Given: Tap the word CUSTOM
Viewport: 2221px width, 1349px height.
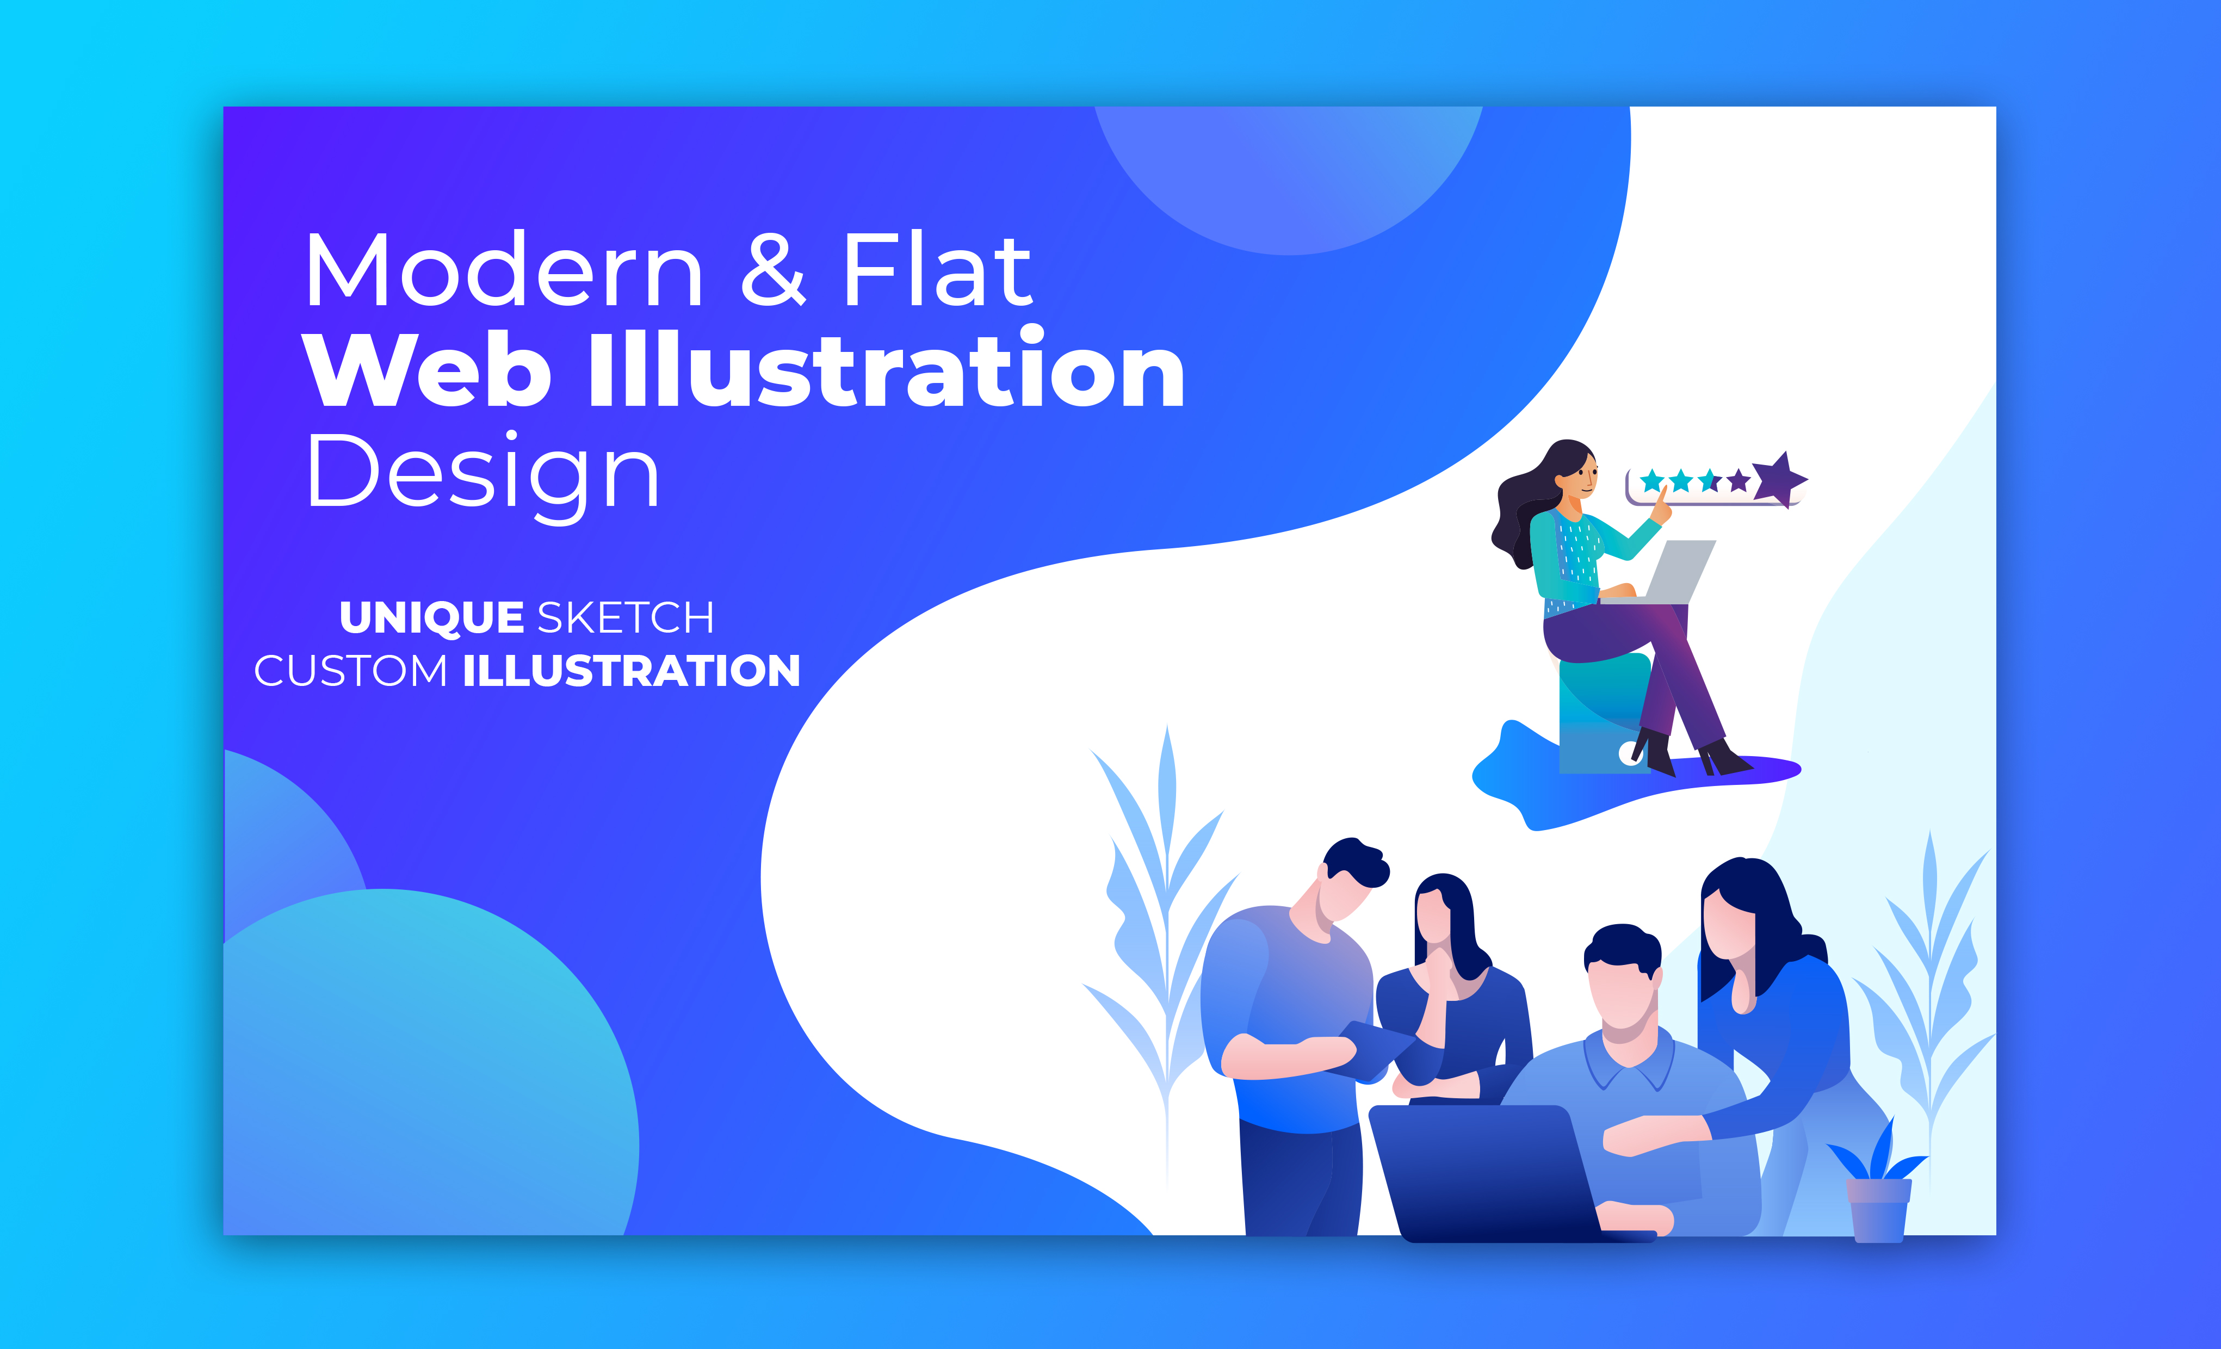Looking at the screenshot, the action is coord(351,671).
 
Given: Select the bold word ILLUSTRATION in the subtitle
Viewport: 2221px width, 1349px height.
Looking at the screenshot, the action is coord(631,671).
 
